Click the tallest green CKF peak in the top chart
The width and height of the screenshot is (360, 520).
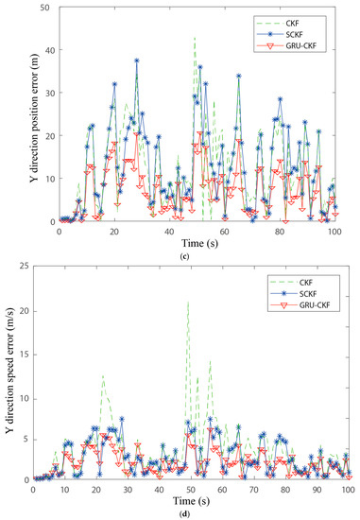(195, 38)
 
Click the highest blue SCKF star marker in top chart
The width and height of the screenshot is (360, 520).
(136, 61)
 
